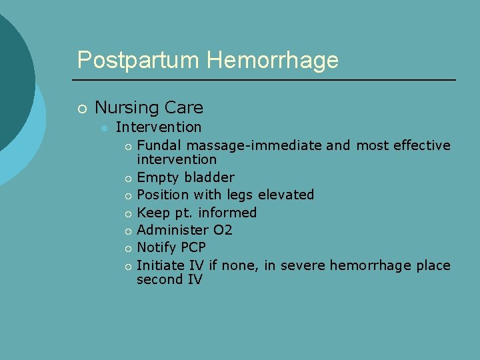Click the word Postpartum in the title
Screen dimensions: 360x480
coord(139,60)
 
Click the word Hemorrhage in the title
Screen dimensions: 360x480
coord(273,60)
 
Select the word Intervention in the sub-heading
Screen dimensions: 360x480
coord(158,127)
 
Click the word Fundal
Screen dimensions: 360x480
coord(159,145)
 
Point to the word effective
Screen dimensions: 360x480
coord(422,145)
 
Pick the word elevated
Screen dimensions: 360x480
coord(285,195)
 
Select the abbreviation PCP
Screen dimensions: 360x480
coord(193,247)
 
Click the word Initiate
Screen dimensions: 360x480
coord(161,265)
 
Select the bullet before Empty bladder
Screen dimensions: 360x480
coord(127,178)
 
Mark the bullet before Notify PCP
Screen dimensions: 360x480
coord(127,249)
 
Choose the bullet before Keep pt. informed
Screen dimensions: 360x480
coord(127,213)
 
